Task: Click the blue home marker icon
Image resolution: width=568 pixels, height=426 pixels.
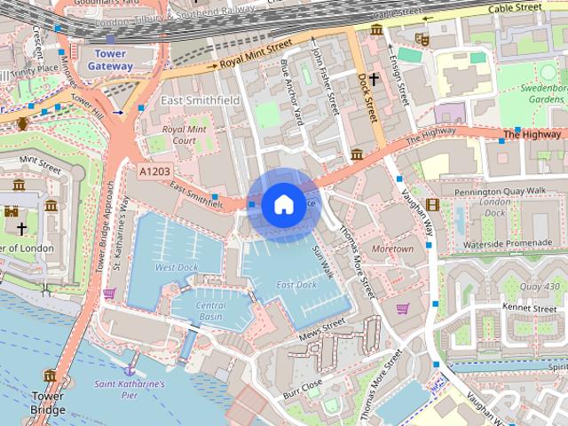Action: point(283,205)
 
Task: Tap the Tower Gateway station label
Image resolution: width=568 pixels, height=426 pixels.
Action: point(110,59)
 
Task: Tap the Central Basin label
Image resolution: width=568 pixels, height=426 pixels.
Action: point(209,311)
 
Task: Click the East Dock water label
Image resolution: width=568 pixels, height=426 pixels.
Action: point(296,285)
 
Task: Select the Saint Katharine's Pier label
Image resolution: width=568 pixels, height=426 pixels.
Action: point(130,390)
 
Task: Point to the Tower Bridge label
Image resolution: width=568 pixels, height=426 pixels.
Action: point(48,403)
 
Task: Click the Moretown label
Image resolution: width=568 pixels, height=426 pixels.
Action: point(392,249)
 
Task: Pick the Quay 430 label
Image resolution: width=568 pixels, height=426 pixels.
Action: point(540,286)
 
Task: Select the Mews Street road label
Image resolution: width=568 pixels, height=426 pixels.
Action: point(322,331)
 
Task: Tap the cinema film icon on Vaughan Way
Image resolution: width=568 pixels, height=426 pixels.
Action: point(432,205)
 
